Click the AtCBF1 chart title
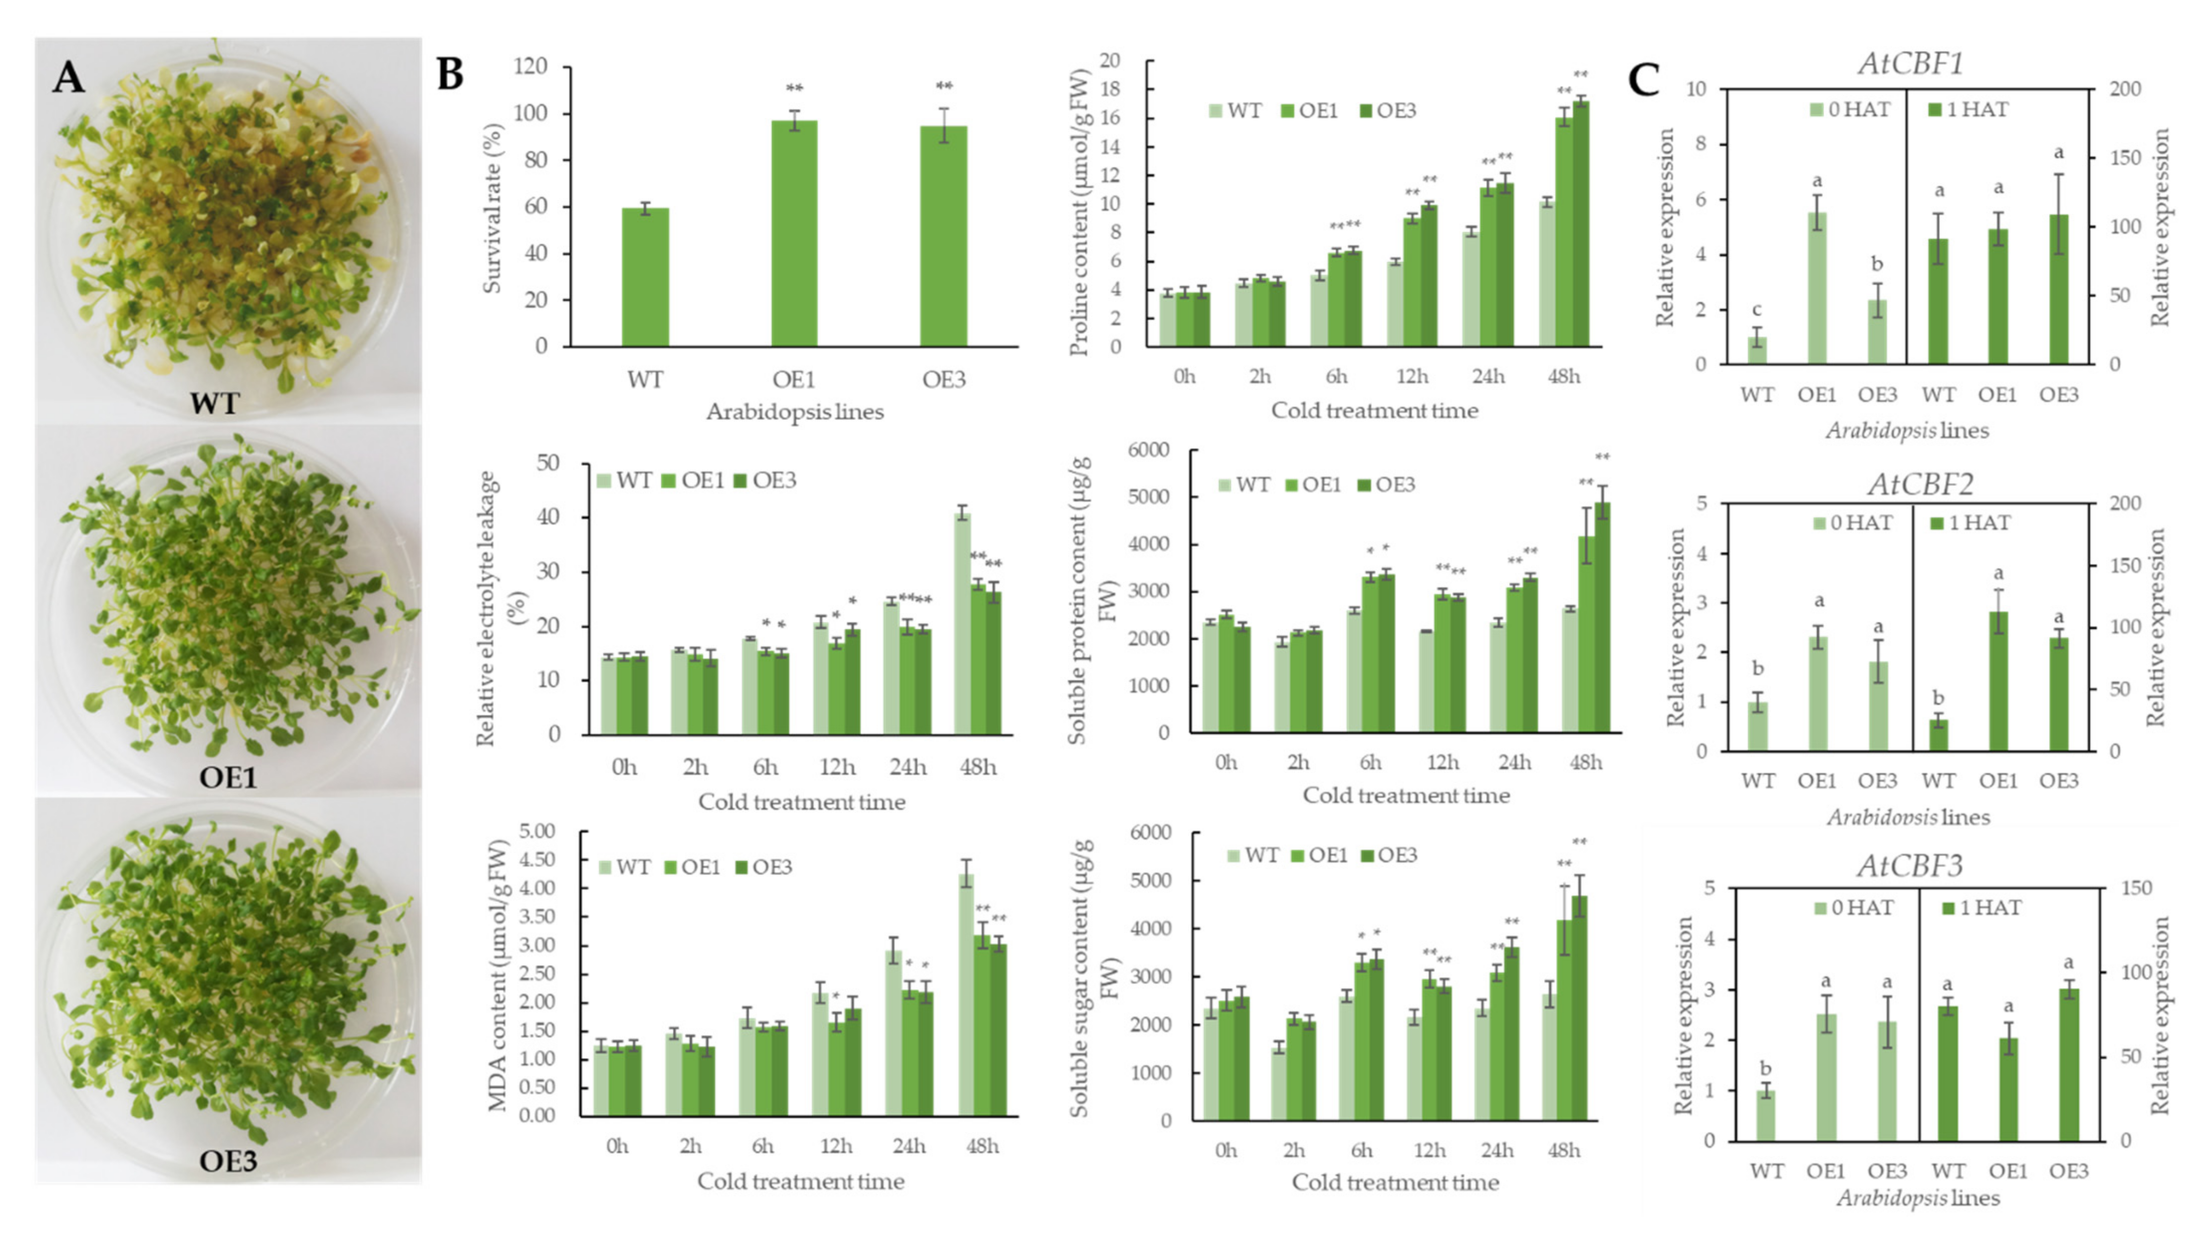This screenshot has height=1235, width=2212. pyautogui.click(x=1909, y=63)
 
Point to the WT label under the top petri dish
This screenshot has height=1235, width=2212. pyautogui.click(x=214, y=403)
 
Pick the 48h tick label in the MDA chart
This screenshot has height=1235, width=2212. pyautogui.click(x=983, y=1147)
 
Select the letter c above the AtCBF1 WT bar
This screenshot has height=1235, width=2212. pyautogui.click(x=1757, y=310)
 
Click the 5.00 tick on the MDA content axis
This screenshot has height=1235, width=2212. pyautogui.click(x=538, y=831)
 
